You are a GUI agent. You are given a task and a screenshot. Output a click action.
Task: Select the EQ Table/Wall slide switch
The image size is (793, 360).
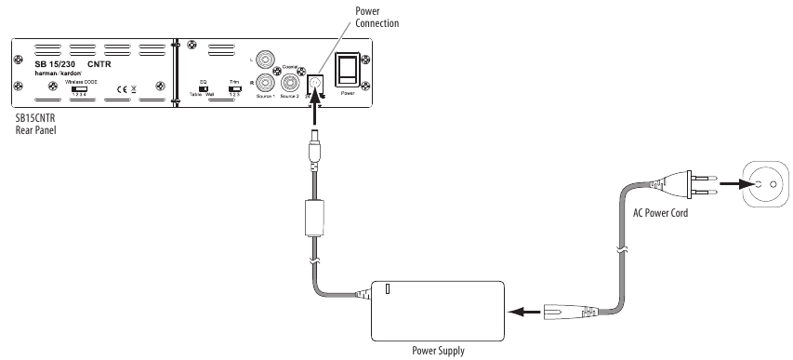[x=204, y=88]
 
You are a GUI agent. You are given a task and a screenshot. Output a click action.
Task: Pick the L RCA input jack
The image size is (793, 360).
[x=269, y=60]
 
